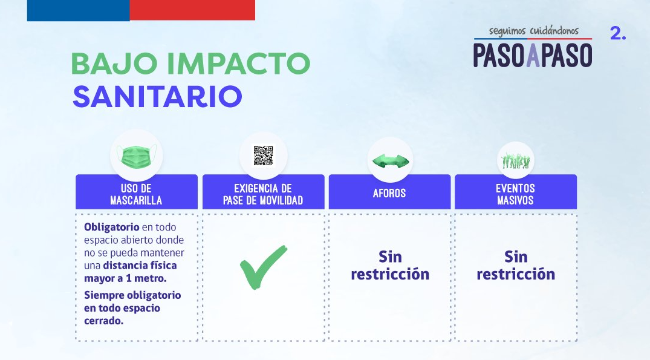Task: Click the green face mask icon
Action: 137,156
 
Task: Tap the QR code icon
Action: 263,155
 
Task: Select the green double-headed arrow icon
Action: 391,161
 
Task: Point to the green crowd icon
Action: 516,160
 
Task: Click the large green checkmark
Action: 263,267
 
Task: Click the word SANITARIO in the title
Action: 158,97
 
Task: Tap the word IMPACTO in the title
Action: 239,64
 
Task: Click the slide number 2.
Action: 618,33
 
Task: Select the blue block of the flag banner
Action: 79,10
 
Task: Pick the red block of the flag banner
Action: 192,10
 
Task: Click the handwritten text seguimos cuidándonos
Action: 533,31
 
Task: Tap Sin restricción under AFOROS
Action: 390,266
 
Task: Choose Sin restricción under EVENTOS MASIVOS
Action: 516,266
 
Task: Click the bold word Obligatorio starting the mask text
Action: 111,227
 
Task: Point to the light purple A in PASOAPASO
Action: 533,54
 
